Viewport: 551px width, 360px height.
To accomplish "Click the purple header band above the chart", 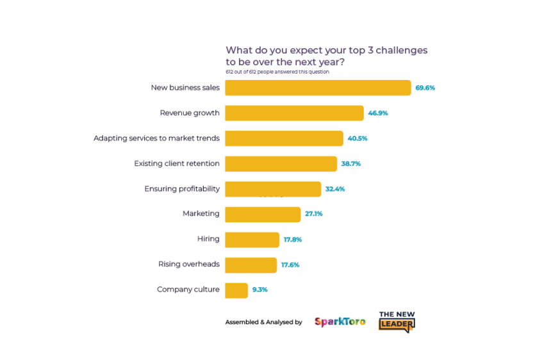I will (388, 62).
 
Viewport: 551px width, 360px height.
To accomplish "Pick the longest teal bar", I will (401, 297).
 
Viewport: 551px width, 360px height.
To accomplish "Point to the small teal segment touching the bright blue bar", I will (315, 218).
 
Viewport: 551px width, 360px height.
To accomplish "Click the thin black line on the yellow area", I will (292, 197).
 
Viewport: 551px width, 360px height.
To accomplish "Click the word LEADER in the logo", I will (396, 325).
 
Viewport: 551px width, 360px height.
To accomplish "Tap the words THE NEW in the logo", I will (396, 314).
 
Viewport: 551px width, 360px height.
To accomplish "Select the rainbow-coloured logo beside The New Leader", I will (340, 324).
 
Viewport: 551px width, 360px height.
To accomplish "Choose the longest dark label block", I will (159, 139).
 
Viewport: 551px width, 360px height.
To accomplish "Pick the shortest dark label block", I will (210, 241).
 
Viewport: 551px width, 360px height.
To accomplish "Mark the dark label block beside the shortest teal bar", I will (187, 88).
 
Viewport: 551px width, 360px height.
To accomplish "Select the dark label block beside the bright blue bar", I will (202, 218).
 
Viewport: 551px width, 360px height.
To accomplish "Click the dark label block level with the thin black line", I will (184, 190).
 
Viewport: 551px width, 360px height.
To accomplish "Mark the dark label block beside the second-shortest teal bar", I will (192, 116).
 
